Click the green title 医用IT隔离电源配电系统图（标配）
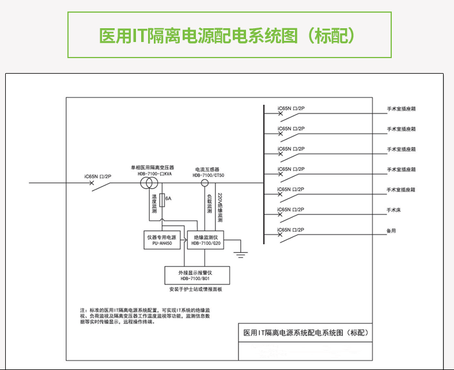point(227,36)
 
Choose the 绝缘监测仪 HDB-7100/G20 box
point(206,239)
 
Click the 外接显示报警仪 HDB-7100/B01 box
point(198,274)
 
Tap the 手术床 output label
point(394,210)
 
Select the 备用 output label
point(391,230)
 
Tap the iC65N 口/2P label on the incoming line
point(98,176)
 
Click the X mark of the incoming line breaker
point(92,184)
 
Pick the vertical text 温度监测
point(154,204)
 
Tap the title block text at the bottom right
point(305,332)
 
